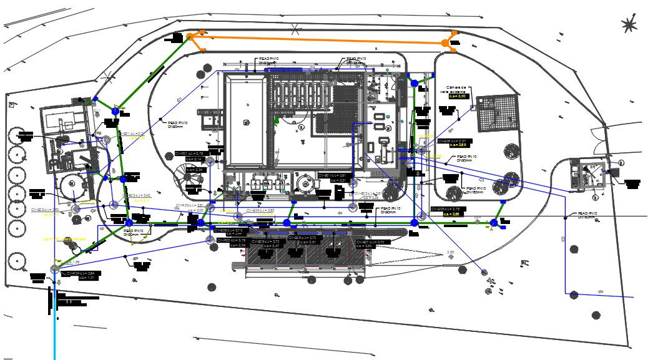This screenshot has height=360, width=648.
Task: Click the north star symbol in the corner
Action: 629,24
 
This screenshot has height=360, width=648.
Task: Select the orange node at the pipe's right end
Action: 445,43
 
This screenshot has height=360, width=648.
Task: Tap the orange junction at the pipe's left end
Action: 190,37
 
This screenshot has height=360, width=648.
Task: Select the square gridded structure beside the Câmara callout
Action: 498,113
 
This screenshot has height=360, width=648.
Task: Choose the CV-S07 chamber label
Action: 373,242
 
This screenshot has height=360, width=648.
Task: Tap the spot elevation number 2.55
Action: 449,252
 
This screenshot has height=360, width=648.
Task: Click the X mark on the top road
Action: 295,27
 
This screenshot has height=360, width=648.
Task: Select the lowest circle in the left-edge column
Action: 16,260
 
